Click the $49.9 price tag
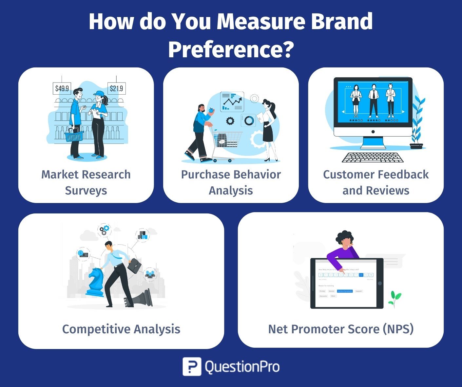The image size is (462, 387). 62,88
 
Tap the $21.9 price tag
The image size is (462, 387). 116,88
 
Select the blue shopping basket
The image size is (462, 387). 74,135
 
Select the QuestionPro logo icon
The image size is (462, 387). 192,366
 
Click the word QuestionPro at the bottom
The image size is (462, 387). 242,367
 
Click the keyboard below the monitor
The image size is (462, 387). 373,157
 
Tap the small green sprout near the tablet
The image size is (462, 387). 395,298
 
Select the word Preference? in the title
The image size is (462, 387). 231,49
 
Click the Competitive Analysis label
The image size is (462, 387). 121,329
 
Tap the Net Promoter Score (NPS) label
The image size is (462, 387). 341,329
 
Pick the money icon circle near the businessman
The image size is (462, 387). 83,254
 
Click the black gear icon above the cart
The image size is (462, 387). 230,121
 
